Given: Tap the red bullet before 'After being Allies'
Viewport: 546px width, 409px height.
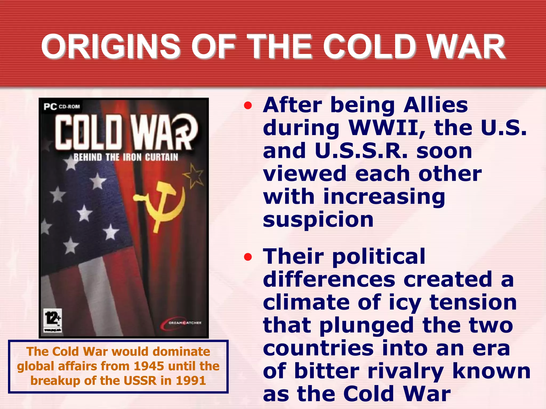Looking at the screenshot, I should pos(248,106).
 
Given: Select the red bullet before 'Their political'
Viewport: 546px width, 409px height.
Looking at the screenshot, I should pos(248,257).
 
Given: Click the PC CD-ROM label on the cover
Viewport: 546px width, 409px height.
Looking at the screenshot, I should pos(62,107).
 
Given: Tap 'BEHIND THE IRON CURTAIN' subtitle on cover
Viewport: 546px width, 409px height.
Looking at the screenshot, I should pos(126,157).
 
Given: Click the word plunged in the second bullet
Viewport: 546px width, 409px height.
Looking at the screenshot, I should pos(366,326).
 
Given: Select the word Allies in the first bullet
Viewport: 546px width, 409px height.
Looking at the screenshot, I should pos(435,105).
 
